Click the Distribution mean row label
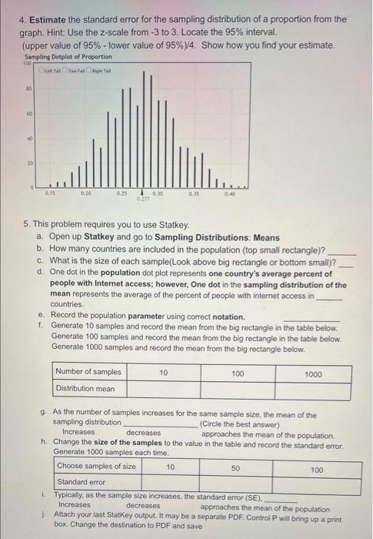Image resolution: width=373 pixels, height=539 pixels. (85, 388)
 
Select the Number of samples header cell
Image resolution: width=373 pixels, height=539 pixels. (88, 373)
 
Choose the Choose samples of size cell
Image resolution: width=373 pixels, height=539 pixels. (96, 467)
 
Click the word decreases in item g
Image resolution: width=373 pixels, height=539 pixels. (143, 433)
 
